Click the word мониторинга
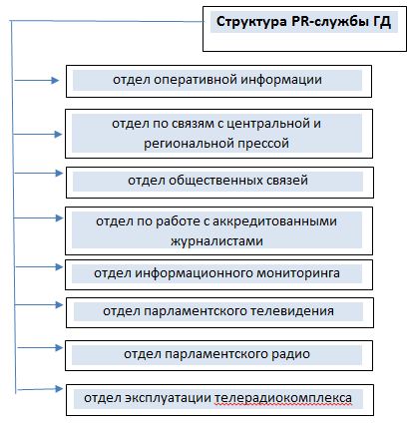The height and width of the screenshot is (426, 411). pos(301,272)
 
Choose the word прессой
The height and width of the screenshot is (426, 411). pos(264,143)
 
